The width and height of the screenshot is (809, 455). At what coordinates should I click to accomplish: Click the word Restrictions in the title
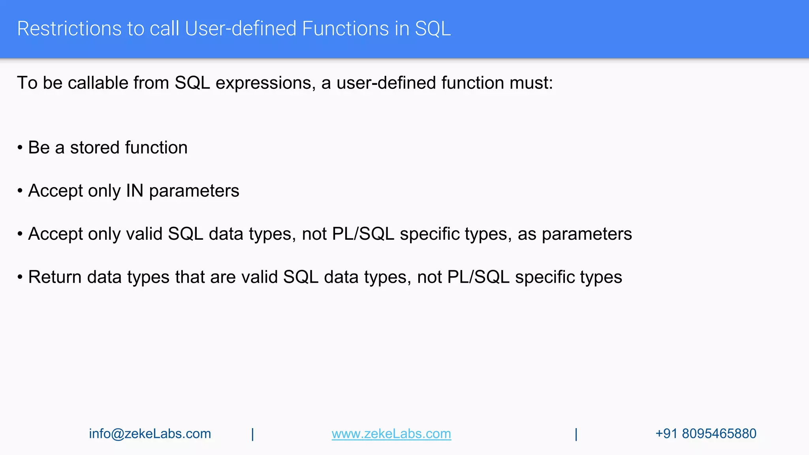point(69,29)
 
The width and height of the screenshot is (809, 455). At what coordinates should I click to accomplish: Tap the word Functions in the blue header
point(345,29)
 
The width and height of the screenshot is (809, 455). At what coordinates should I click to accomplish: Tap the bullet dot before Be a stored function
point(20,148)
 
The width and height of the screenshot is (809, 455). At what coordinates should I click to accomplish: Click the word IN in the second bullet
point(134,191)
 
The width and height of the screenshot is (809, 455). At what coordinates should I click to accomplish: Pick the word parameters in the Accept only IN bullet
point(194,191)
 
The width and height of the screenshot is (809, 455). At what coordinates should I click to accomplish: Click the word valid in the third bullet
point(144,234)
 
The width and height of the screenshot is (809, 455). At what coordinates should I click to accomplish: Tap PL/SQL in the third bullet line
point(363,234)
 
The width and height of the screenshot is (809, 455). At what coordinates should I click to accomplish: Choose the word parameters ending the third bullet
point(587,234)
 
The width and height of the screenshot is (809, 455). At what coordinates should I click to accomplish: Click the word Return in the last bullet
point(55,277)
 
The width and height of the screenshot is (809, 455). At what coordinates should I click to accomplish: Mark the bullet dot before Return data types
point(20,277)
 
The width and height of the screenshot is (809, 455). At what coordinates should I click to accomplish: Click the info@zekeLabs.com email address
point(150,434)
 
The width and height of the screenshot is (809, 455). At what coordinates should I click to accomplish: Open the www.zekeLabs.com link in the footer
point(391,434)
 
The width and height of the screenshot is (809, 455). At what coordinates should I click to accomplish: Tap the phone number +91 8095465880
point(706,434)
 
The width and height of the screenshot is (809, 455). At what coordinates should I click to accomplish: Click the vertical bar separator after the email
point(253,434)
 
